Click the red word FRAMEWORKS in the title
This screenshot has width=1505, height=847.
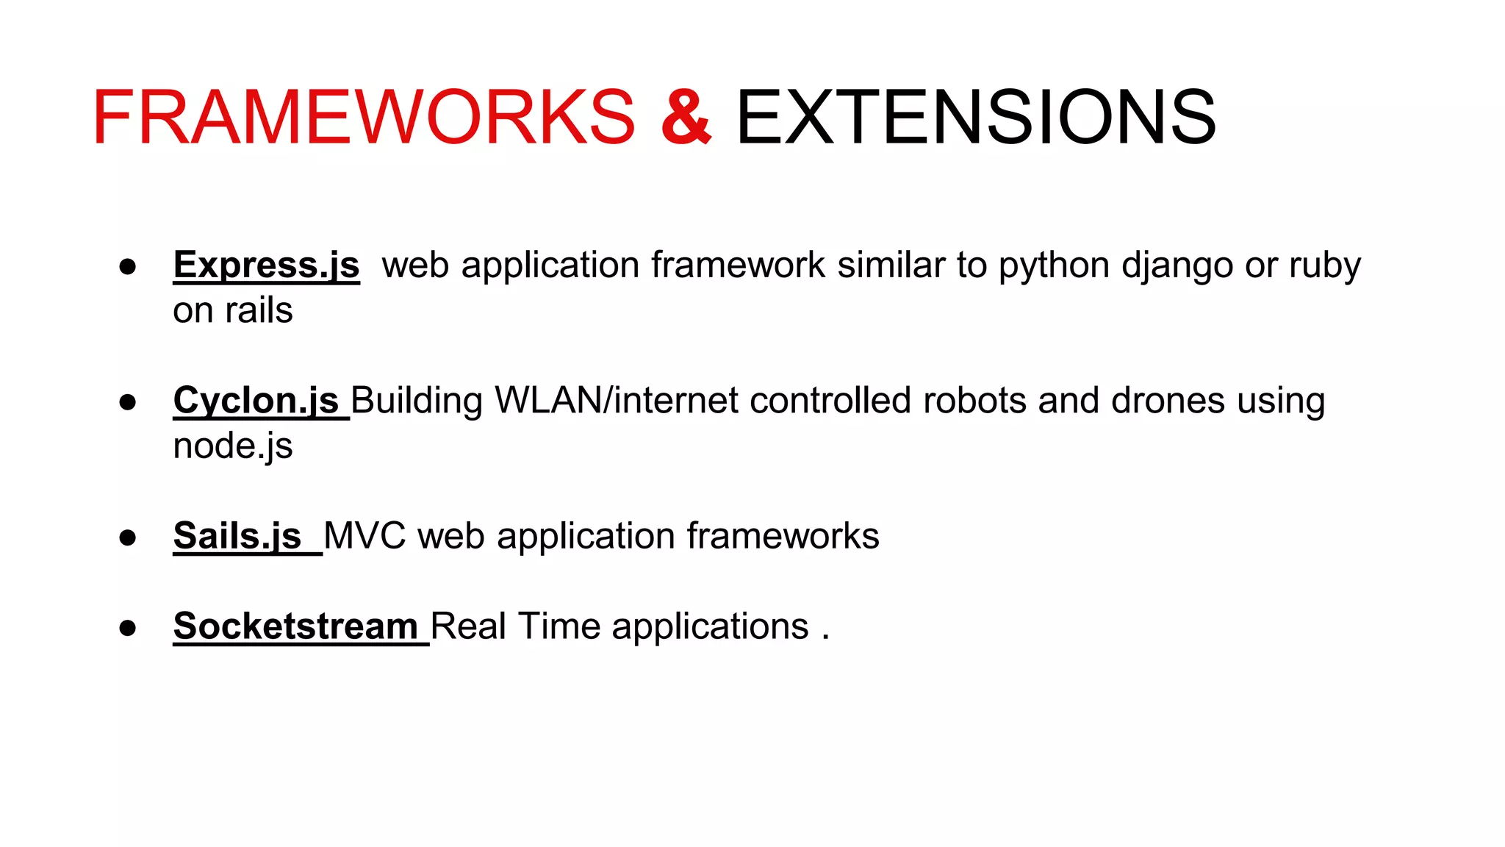[x=363, y=118]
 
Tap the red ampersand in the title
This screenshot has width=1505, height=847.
[x=686, y=118]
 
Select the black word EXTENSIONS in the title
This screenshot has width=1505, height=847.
[x=975, y=118]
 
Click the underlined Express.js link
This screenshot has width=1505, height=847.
[x=266, y=265]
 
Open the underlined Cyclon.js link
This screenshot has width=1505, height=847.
[x=256, y=401]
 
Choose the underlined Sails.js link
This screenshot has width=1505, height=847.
[x=237, y=536]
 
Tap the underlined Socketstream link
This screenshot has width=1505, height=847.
[x=295, y=626]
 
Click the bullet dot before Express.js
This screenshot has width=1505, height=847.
[x=128, y=267]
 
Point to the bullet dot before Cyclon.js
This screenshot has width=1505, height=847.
[x=128, y=402]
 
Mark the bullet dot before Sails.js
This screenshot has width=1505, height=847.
[x=128, y=537]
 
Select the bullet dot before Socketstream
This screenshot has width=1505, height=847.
[x=128, y=628]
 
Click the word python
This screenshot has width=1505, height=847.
[x=1053, y=266]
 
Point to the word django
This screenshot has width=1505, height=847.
[x=1177, y=266]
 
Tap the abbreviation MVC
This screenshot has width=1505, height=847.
[x=364, y=536]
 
